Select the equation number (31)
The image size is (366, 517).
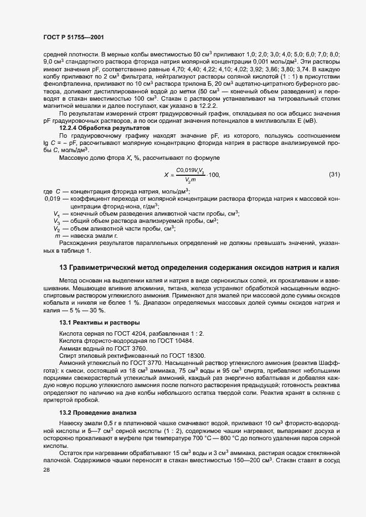[x=334, y=175]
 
